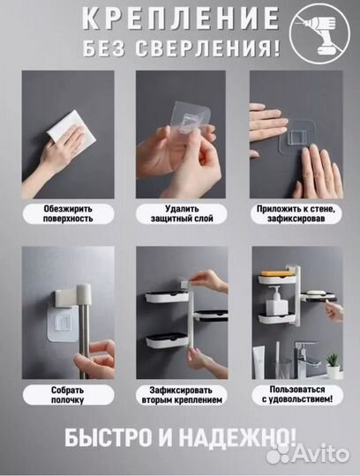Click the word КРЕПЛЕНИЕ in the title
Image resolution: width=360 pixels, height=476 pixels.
coord(181,19)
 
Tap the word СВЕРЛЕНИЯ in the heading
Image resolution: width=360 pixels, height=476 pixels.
coord(207,48)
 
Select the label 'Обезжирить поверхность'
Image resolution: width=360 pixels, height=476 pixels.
coord(68,213)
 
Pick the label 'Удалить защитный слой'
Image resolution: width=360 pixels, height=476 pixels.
coord(182,213)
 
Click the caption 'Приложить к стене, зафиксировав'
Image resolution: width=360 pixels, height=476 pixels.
coord(296,213)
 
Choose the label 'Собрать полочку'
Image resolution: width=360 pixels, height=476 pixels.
coord(67,395)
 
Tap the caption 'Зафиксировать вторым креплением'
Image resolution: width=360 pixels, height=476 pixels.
coord(182,395)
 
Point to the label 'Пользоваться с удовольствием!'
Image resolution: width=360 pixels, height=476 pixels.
coord(297,394)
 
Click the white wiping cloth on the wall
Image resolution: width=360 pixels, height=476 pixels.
coord(71,126)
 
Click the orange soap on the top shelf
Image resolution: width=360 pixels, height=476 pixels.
coord(276,274)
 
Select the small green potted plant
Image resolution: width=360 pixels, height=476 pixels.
coord(333,365)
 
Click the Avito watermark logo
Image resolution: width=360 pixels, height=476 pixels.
coord(307,454)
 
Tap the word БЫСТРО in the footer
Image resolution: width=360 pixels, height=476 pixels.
coord(108,438)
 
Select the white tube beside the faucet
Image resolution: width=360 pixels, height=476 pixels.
coord(259,363)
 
